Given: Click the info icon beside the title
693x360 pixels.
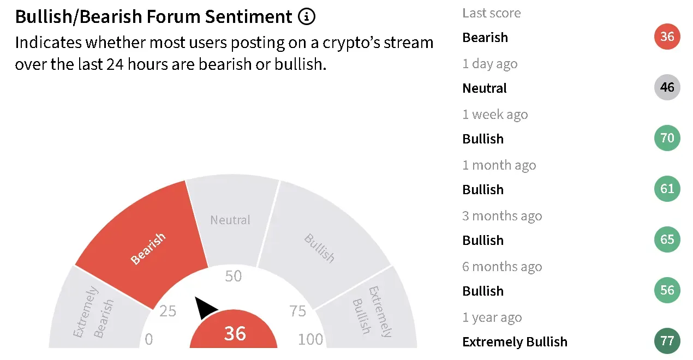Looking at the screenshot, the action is pyautogui.click(x=307, y=16).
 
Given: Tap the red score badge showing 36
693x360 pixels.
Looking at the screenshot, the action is pyautogui.click(x=667, y=37).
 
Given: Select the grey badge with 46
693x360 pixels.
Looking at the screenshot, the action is pyautogui.click(x=667, y=87).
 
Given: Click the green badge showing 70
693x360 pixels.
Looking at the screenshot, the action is pyautogui.click(x=667, y=138).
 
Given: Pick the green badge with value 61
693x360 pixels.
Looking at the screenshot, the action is pyautogui.click(x=667, y=189).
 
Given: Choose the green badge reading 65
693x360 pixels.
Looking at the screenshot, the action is pyautogui.click(x=667, y=239).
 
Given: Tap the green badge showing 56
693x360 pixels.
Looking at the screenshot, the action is pyautogui.click(x=667, y=290).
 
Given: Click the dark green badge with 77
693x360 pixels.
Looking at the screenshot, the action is pyautogui.click(x=667, y=341).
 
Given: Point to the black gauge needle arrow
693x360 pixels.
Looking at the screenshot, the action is pyautogui.click(x=205, y=307).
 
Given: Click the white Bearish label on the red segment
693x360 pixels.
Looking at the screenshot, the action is pyautogui.click(x=148, y=249).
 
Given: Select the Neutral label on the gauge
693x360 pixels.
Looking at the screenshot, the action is pyautogui.click(x=230, y=220).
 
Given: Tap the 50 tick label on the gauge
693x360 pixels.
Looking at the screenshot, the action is pyautogui.click(x=233, y=276).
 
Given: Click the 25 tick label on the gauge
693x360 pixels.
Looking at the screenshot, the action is pyautogui.click(x=168, y=311).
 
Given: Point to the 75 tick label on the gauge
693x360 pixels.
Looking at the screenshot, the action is pyautogui.click(x=297, y=311).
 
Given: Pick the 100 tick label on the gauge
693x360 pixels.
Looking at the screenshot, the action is pyautogui.click(x=310, y=339).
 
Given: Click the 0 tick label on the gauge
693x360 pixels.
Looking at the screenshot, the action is pyautogui.click(x=149, y=339).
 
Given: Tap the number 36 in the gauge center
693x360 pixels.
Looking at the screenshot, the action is pyautogui.click(x=235, y=334).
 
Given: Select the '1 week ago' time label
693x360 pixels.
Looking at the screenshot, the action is pyautogui.click(x=495, y=115).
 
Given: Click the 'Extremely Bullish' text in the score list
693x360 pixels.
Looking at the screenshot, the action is pyautogui.click(x=515, y=342).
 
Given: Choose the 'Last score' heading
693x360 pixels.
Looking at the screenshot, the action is pyautogui.click(x=492, y=13).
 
